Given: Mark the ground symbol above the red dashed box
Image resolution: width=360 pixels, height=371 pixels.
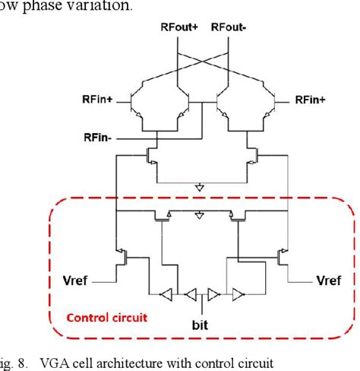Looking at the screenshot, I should tap(200, 187).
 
